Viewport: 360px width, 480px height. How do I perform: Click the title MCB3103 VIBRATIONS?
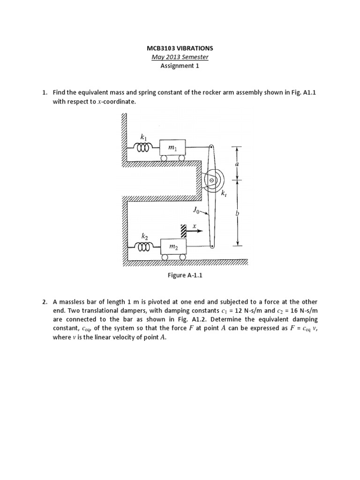click(x=180, y=48)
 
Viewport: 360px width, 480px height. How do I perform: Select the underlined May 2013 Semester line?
click(x=180, y=57)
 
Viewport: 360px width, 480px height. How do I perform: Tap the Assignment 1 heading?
click(x=180, y=66)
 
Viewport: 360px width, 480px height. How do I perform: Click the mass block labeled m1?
click(x=172, y=148)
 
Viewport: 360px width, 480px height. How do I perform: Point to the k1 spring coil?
click(x=143, y=148)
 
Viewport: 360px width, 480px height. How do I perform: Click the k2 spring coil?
click(x=143, y=246)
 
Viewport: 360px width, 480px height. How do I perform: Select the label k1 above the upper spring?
click(x=144, y=137)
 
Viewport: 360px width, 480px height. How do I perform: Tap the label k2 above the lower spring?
click(x=144, y=234)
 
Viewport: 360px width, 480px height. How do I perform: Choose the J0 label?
click(x=196, y=210)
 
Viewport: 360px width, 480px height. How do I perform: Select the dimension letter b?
click(x=237, y=213)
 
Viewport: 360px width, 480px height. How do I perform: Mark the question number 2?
click(x=45, y=302)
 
